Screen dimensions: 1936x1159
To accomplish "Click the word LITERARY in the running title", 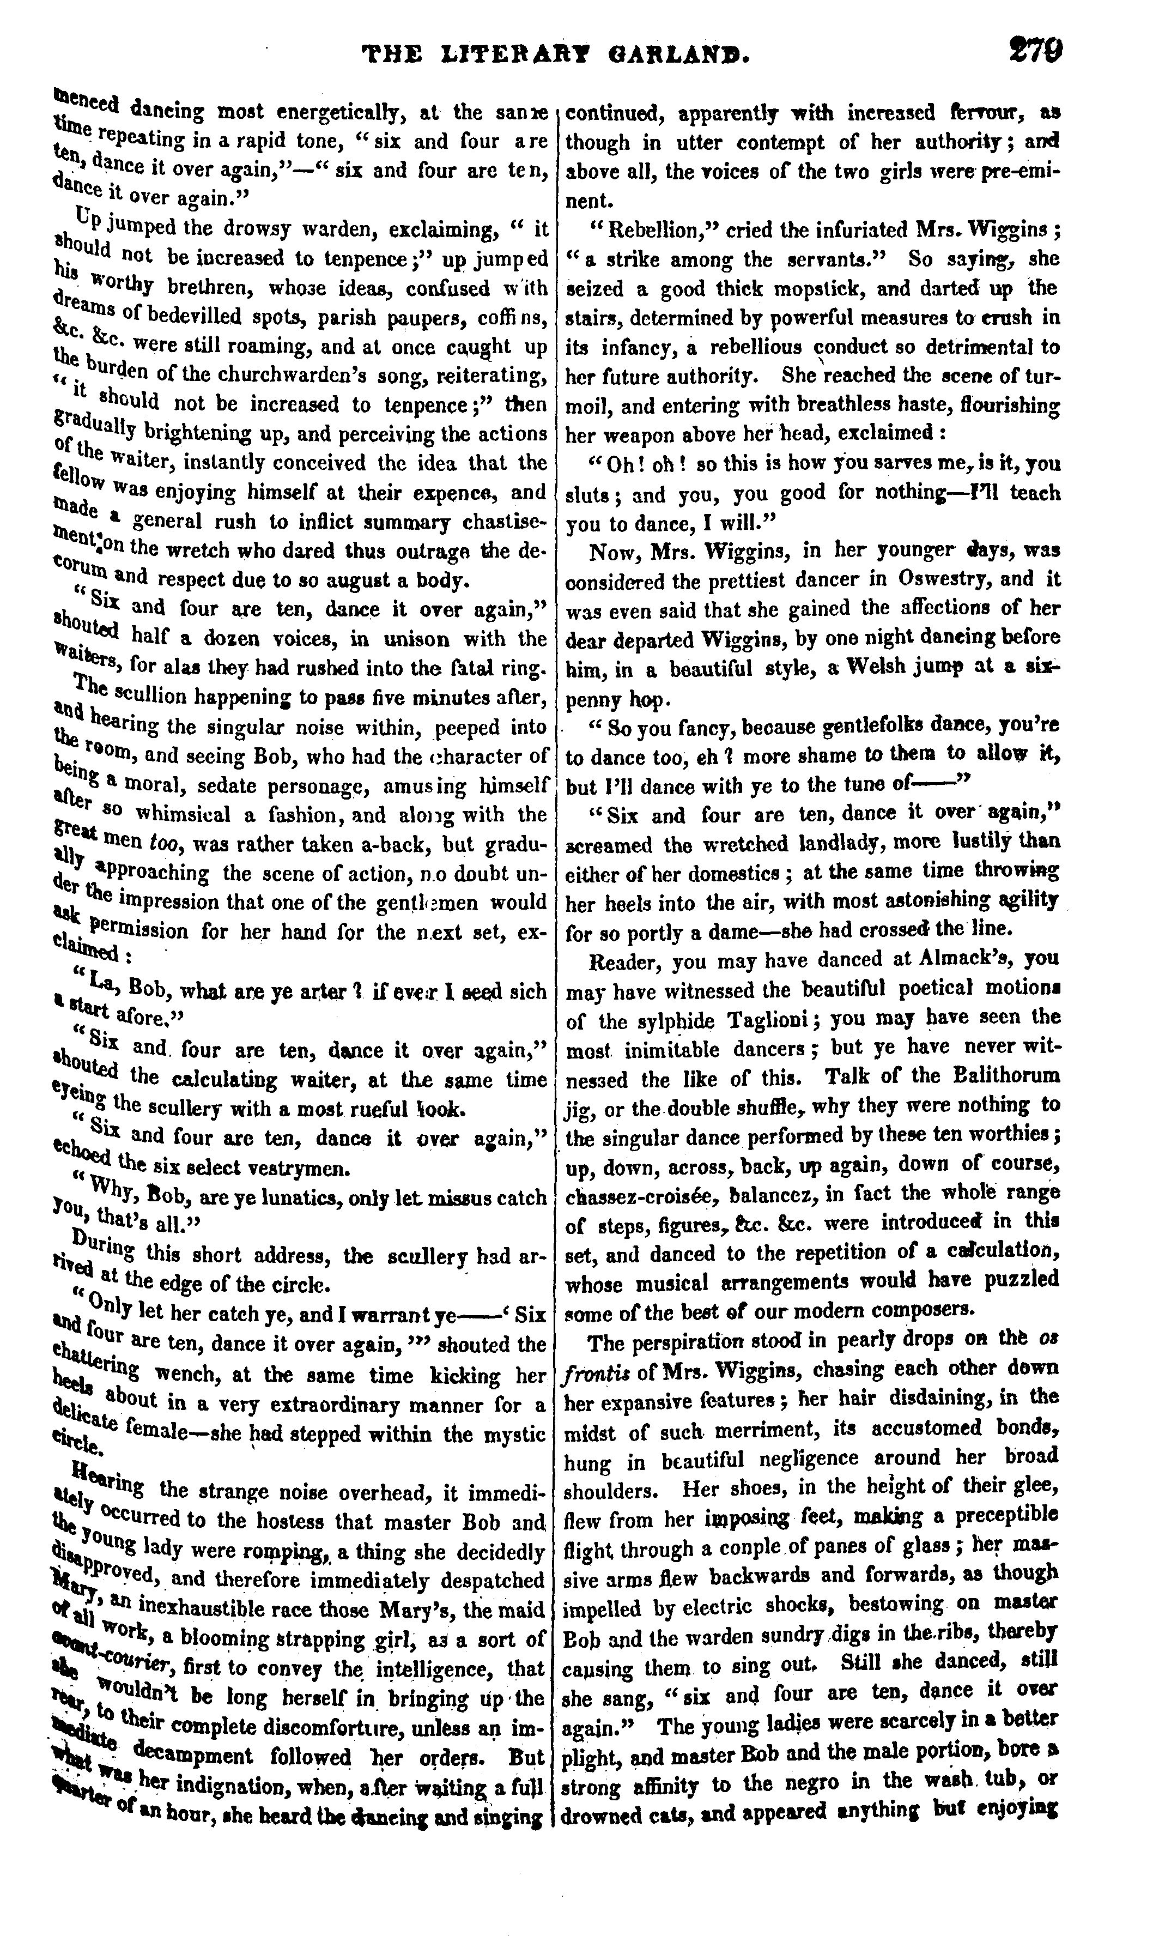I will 508,56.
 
